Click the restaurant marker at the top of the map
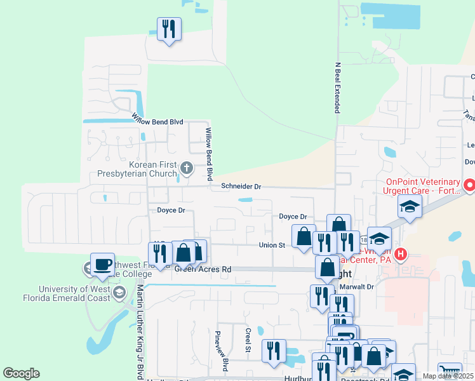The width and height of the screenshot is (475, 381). tap(169, 29)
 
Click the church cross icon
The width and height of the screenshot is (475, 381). tap(186, 168)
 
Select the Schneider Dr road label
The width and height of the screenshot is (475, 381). tap(241, 186)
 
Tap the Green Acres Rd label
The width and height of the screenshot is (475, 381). tap(202, 269)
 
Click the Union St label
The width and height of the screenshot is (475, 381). tap(271, 244)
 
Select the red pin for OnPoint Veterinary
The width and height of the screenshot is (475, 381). tap(469, 185)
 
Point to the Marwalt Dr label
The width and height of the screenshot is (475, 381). tap(357, 286)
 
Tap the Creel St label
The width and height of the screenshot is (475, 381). tap(248, 338)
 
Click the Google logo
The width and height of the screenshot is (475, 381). tap(21, 373)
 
